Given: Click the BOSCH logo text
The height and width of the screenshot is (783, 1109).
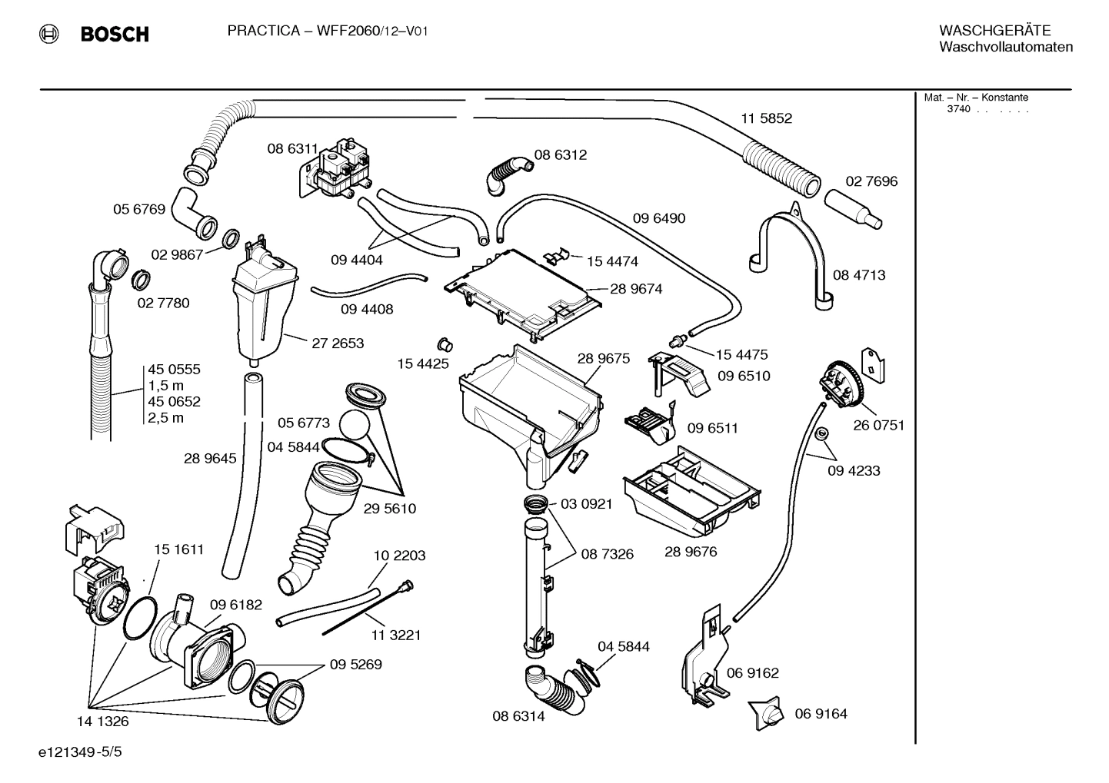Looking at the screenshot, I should (114, 34).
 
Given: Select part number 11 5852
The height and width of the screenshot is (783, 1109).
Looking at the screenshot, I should (766, 118).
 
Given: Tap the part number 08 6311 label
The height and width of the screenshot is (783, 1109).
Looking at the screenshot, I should (292, 149).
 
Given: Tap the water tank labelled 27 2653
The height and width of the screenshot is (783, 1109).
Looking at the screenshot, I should (262, 307).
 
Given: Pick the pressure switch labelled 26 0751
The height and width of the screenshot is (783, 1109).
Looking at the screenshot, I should (843, 384).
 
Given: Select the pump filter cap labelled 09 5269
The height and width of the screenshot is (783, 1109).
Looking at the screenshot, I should (281, 696).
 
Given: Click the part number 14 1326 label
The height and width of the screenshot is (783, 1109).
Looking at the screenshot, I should (102, 722).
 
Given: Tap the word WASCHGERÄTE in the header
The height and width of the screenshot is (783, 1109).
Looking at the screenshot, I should (994, 31).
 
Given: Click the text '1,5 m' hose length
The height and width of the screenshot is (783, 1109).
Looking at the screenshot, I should (165, 385).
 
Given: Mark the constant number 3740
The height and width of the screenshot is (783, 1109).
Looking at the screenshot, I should (958, 109).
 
